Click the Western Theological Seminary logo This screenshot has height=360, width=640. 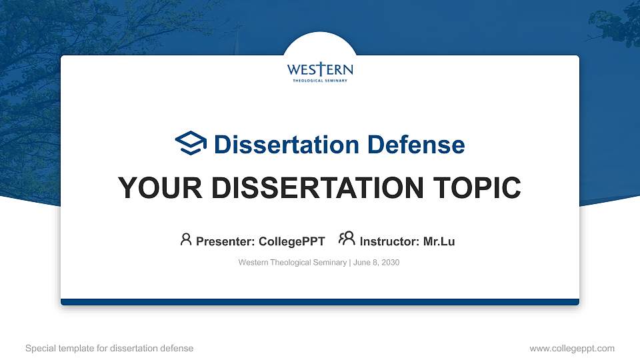tap(320, 71)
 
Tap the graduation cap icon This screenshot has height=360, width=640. tap(191, 143)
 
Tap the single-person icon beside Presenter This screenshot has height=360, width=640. tap(186, 239)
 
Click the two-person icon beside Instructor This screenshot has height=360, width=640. tap(347, 239)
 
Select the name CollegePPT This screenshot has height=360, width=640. tap(291, 241)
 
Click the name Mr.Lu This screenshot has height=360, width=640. tap(439, 241)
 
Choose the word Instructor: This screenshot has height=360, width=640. tap(389, 241)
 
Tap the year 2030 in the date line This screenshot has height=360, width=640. tap(390, 263)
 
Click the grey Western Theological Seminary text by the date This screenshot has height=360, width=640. tap(292, 263)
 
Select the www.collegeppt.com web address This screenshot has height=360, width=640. tap(571, 348)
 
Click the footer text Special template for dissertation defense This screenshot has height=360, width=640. tap(109, 348)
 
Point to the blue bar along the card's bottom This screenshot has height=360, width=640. tap(320, 302)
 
